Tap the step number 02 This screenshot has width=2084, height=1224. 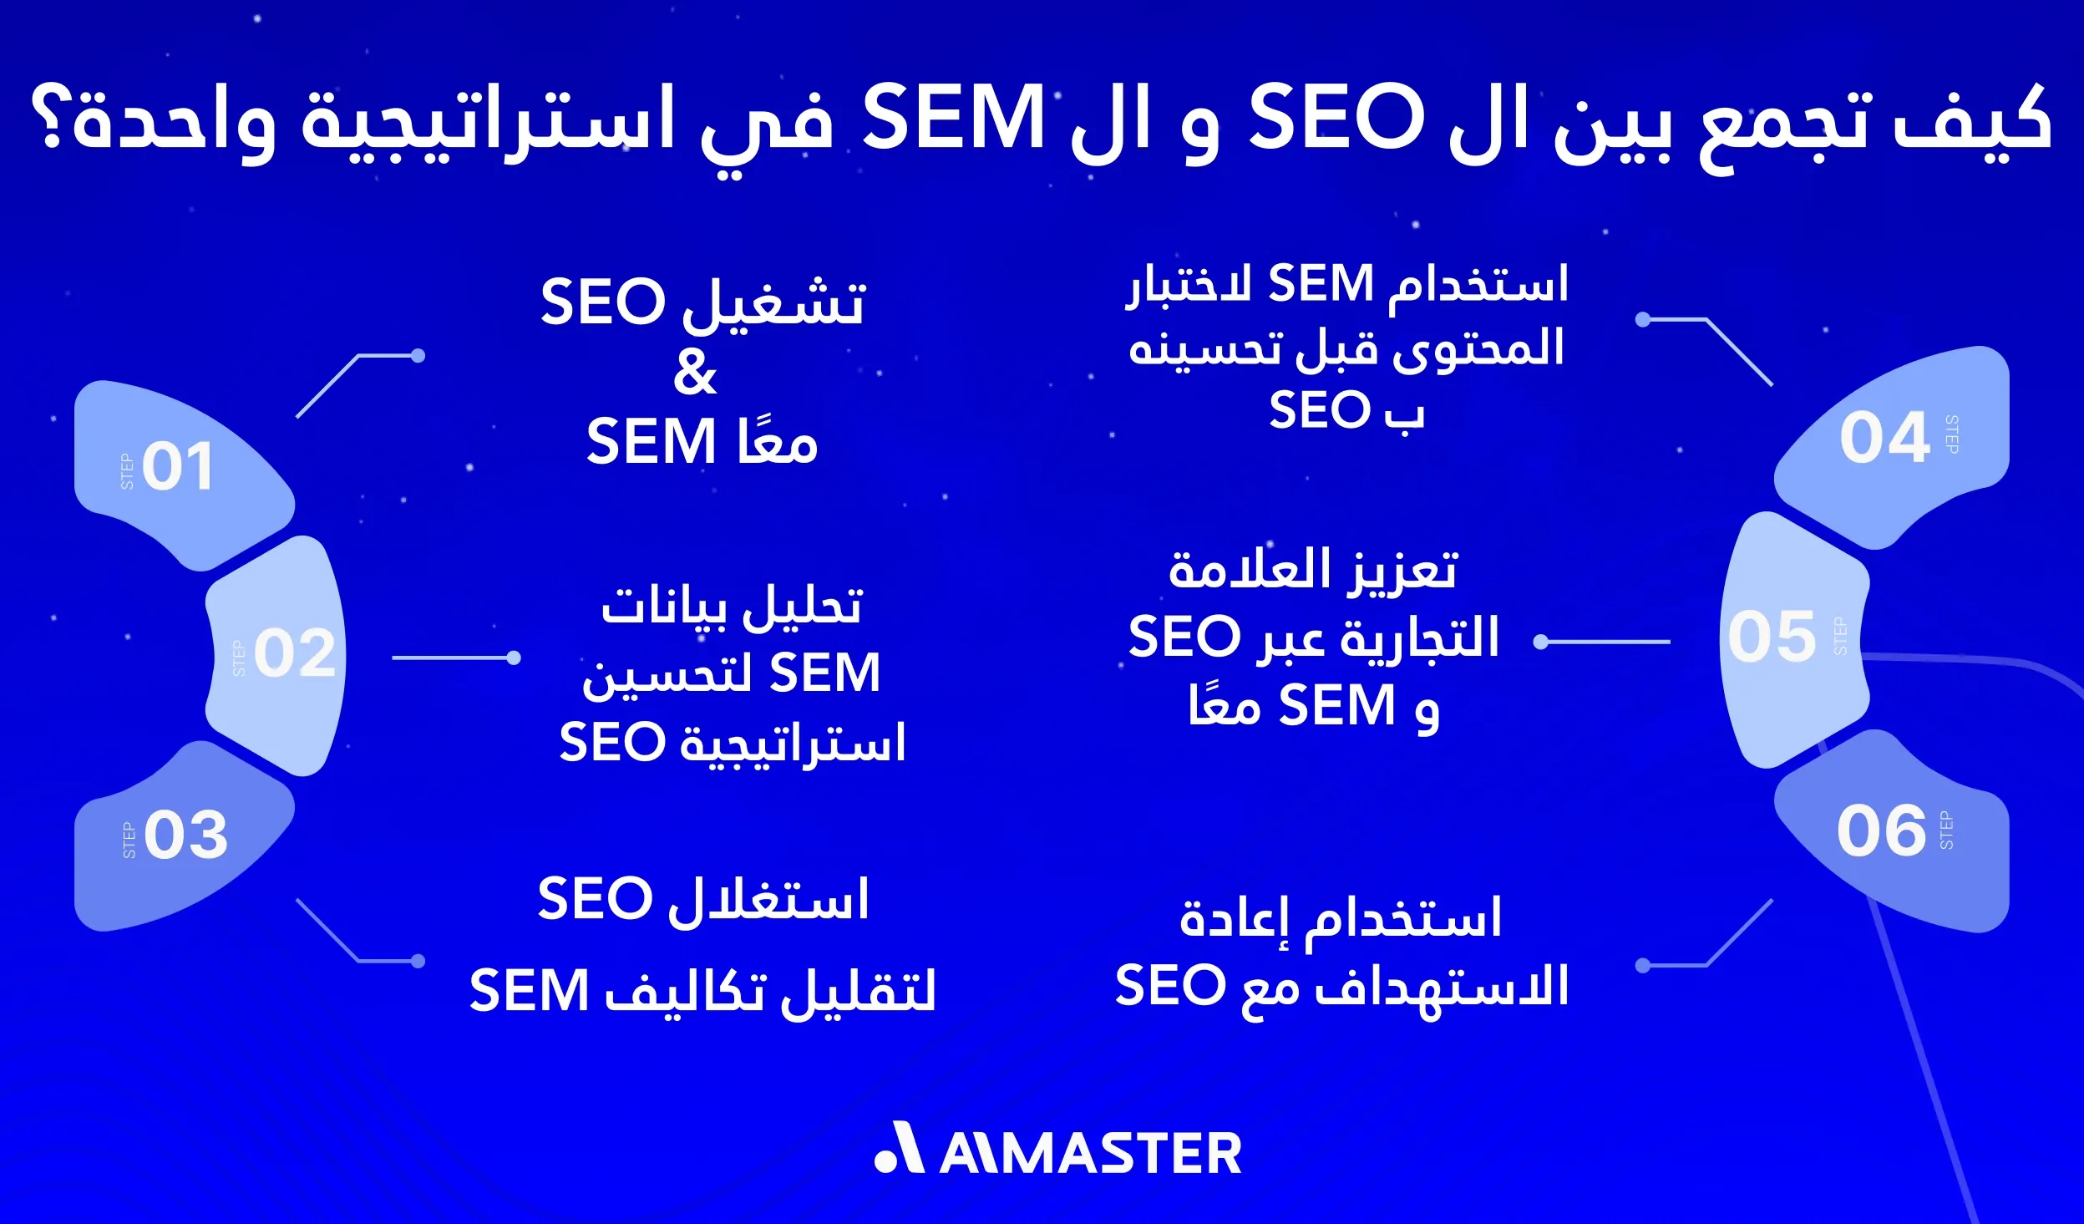[x=294, y=653]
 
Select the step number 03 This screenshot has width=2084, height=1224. [x=185, y=835]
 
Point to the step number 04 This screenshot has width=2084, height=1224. [x=1884, y=437]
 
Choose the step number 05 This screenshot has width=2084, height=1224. [x=1772, y=637]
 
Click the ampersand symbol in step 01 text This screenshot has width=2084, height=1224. [x=695, y=373]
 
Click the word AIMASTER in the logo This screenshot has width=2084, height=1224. [x=1091, y=1154]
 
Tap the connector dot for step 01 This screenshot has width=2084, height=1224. [x=418, y=356]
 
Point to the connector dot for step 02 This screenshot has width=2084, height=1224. [x=514, y=658]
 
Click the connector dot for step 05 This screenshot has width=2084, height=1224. [x=1541, y=642]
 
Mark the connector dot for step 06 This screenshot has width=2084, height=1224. [x=1642, y=966]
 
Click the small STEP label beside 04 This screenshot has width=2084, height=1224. [x=1952, y=434]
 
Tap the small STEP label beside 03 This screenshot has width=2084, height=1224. [x=129, y=841]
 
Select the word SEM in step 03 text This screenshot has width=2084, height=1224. [x=530, y=991]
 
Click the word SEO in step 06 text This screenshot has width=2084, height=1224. [x=1169, y=985]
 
